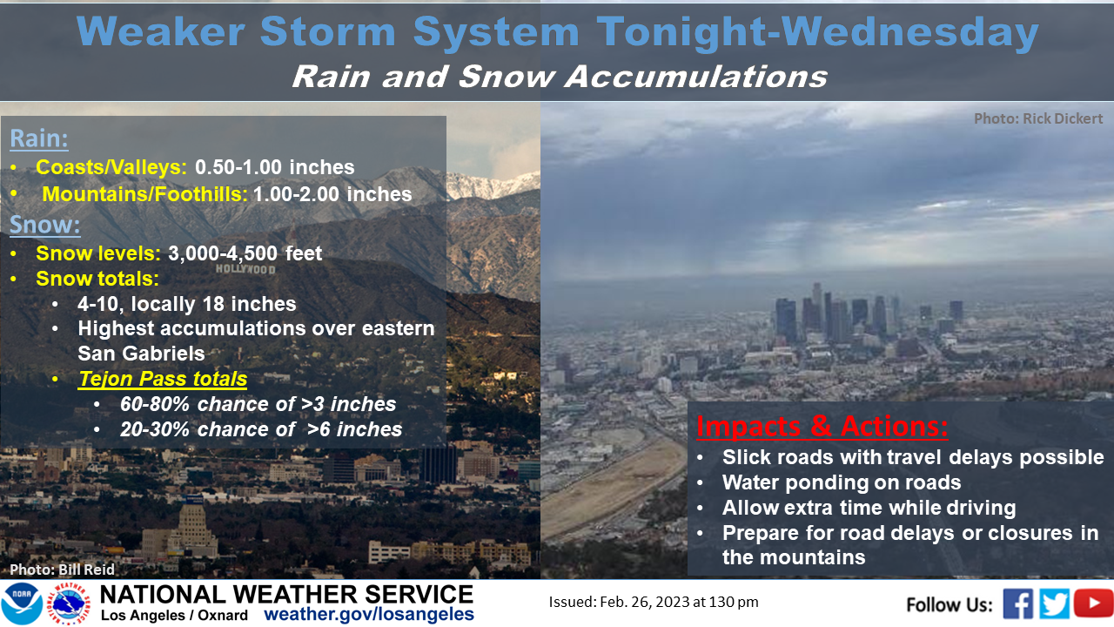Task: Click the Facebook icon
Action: [x=1017, y=603]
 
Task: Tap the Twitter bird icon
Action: [x=1054, y=603]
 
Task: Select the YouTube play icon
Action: [x=1093, y=603]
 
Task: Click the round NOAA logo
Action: [x=22, y=603]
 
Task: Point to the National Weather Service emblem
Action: [x=69, y=603]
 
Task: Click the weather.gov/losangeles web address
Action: [x=368, y=614]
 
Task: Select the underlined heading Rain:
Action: [x=39, y=138]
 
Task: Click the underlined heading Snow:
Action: [x=44, y=225]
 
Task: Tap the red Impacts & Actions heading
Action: [x=822, y=427]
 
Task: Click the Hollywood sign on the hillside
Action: [x=245, y=269]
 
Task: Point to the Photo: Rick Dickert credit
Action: [x=1038, y=118]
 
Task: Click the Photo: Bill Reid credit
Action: [x=62, y=570]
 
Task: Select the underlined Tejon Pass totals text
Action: [x=163, y=379]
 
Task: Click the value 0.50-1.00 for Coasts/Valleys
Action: [x=238, y=167]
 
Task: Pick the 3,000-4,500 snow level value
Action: [x=223, y=253]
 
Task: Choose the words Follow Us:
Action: [x=949, y=604]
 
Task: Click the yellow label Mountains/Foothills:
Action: [x=144, y=194]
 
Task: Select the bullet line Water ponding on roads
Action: [x=842, y=482]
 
